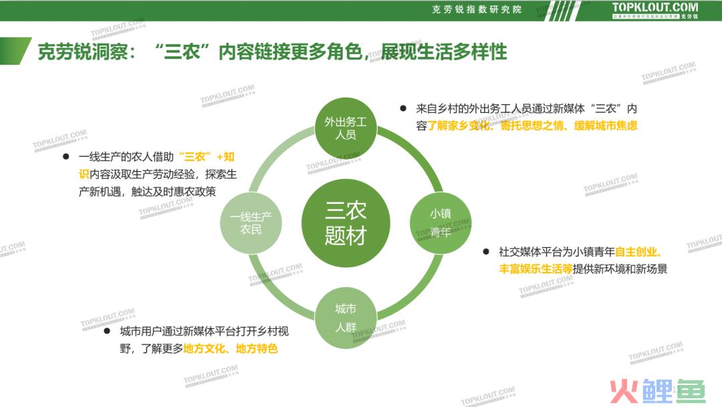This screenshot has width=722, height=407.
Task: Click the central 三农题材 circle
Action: [346, 223]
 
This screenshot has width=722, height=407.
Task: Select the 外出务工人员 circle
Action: [346, 128]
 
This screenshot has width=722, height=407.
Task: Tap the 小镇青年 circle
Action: [441, 223]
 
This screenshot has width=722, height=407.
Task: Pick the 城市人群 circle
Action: [346, 317]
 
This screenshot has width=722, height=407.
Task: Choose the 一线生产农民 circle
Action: [251, 223]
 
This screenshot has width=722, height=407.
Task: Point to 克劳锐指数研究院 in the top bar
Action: [477, 9]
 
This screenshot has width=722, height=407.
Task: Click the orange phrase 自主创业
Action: [636, 252]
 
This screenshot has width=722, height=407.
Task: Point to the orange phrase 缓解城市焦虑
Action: [606, 125]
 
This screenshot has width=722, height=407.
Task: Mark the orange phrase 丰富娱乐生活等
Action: [535, 269]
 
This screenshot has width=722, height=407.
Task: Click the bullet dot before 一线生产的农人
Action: [66, 156]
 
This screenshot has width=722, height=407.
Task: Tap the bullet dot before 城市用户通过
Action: [107, 331]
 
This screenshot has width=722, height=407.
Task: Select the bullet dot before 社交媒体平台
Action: [486, 251]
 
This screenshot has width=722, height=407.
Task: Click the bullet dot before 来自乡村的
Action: [403, 108]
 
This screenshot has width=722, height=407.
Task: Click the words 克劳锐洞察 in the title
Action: [83, 51]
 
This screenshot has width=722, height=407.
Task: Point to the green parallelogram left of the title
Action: [15, 51]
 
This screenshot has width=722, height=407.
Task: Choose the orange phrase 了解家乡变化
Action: [459, 125]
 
